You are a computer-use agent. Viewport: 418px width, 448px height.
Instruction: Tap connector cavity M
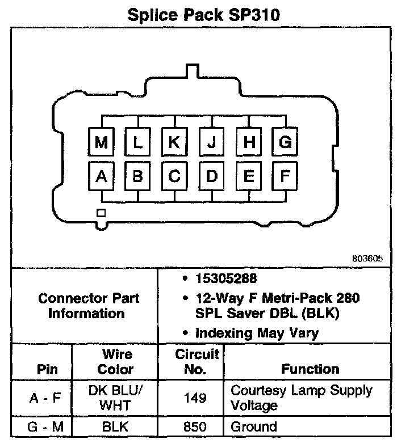102,142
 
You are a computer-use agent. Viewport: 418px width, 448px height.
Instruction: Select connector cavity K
174,142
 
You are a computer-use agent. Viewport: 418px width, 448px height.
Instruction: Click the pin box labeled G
285,142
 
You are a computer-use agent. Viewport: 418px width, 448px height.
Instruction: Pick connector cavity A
102,176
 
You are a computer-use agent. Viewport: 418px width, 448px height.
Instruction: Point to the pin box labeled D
212,176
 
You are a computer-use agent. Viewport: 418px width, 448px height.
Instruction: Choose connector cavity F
285,176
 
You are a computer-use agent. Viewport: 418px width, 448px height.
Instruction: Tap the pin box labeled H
249,142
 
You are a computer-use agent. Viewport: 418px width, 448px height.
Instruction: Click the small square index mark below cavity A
101,213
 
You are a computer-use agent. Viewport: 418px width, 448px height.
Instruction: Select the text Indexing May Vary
257,333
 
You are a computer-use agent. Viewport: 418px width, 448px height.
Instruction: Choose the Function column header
310,369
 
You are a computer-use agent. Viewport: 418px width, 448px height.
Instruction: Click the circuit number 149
190,398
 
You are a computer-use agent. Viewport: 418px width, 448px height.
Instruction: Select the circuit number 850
190,426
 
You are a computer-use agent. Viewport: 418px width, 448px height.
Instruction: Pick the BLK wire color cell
116,426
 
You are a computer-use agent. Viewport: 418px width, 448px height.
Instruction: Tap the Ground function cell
253,426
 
